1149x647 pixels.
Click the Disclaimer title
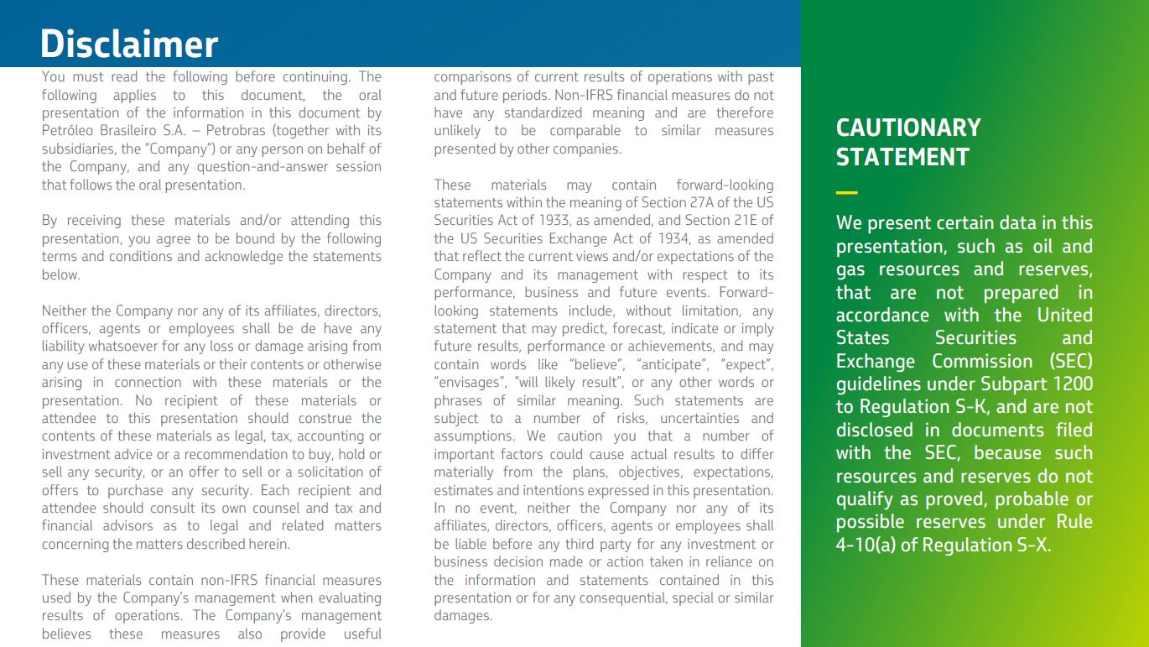click(x=129, y=44)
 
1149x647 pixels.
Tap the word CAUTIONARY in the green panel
click(x=908, y=128)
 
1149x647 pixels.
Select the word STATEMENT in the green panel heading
click(x=902, y=157)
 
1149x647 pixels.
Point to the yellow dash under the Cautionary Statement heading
click(x=846, y=193)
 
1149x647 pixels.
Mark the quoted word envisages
click(x=466, y=383)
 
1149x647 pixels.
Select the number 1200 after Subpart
click(x=1074, y=384)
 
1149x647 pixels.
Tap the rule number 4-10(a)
click(x=865, y=545)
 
